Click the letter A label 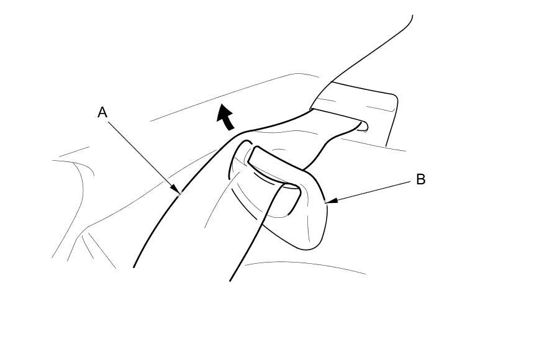tap(102, 112)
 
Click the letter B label tap(420, 179)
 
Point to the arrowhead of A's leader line tap(178, 193)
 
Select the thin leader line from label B tap(373, 191)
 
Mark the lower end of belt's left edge tap(135, 266)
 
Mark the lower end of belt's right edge tap(231, 280)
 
